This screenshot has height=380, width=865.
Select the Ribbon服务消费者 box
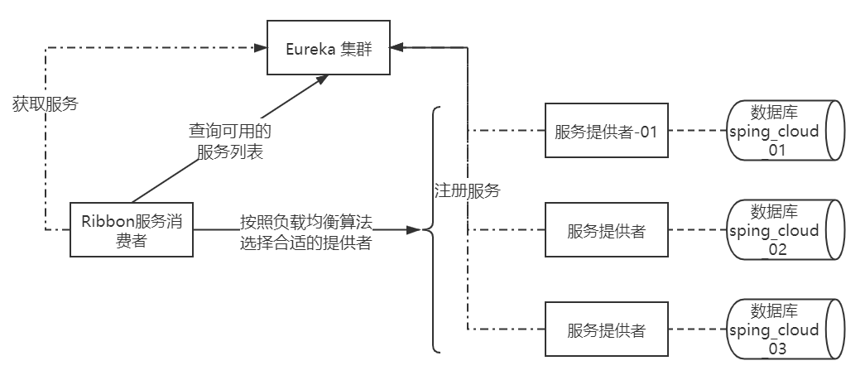pyautogui.click(x=132, y=229)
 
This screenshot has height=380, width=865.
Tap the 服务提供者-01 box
pyautogui.click(x=606, y=131)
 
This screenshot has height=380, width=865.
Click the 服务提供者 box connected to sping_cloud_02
pyautogui.click(x=606, y=230)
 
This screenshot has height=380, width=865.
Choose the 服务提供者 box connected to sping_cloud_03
pyautogui.click(x=606, y=329)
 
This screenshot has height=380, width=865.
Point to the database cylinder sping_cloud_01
pyautogui.click(x=784, y=131)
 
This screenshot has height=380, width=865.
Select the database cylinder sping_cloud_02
pyautogui.click(x=784, y=230)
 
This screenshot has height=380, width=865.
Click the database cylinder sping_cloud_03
pyautogui.click(x=784, y=329)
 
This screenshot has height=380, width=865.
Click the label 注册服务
pyautogui.click(x=468, y=190)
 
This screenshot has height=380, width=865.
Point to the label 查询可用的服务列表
pyautogui.click(x=230, y=142)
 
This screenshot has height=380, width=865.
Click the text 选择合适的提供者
pyautogui.click(x=304, y=243)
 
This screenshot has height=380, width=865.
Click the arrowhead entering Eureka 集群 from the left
pyautogui.click(x=261, y=48)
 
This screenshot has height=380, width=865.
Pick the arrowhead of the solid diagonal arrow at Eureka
pyautogui.click(x=321, y=79)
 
